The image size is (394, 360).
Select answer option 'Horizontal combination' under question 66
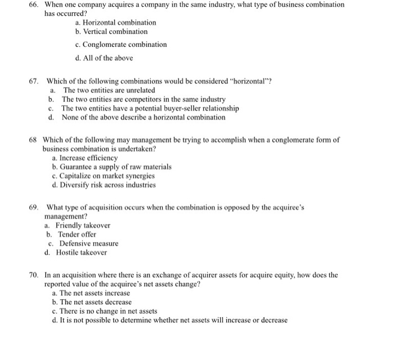coord(115,23)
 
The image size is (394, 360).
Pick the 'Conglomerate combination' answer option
coord(120,45)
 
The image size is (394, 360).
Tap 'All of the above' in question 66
coord(104,57)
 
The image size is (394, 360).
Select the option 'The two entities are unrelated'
coord(109,90)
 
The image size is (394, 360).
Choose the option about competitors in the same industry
coord(135,99)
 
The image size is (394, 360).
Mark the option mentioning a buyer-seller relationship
coord(150,108)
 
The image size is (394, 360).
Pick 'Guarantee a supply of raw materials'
coord(111,167)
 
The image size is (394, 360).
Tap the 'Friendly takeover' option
coord(82,225)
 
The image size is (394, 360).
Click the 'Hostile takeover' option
coord(81,252)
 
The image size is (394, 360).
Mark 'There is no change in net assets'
coord(104,311)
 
